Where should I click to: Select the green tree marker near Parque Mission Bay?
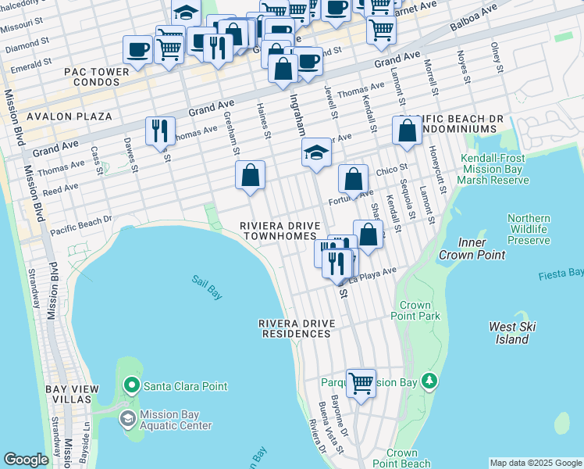point(428,381)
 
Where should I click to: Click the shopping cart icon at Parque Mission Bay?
point(361,383)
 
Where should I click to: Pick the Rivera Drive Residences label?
point(295,328)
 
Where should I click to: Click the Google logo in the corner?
point(26,460)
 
